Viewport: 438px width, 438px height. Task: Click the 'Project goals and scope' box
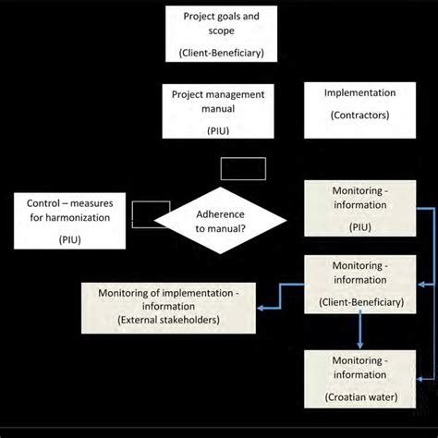click(x=222, y=34)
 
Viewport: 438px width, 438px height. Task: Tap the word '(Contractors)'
click(x=360, y=116)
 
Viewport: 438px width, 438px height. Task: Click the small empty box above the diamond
click(x=243, y=168)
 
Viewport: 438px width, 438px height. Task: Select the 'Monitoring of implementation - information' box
click(x=171, y=306)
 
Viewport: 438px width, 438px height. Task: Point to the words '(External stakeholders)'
click(x=171, y=320)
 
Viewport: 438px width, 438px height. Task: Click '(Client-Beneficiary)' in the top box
click(x=222, y=55)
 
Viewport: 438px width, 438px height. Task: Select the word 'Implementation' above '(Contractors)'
click(x=360, y=94)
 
